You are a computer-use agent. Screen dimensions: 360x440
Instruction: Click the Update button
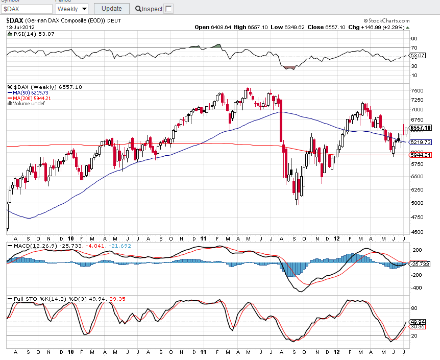tap(111, 8)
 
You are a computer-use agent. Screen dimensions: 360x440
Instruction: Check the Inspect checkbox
tap(169, 9)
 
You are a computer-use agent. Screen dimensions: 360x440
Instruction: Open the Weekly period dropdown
tap(71, 9)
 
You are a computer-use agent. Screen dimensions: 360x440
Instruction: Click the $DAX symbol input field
tap(27, 9)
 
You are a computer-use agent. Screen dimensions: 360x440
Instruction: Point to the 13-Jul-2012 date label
tap(21, 27)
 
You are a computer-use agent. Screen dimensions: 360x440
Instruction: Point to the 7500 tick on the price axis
tap(417, 90)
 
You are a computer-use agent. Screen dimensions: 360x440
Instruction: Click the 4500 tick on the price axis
tap(417, 232)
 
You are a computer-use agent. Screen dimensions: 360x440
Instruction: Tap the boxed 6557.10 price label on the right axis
tap(421, 128)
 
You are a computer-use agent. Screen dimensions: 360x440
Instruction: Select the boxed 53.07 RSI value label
tap(418, 55)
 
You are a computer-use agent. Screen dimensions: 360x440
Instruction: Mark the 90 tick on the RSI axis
tap(414, 38)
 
